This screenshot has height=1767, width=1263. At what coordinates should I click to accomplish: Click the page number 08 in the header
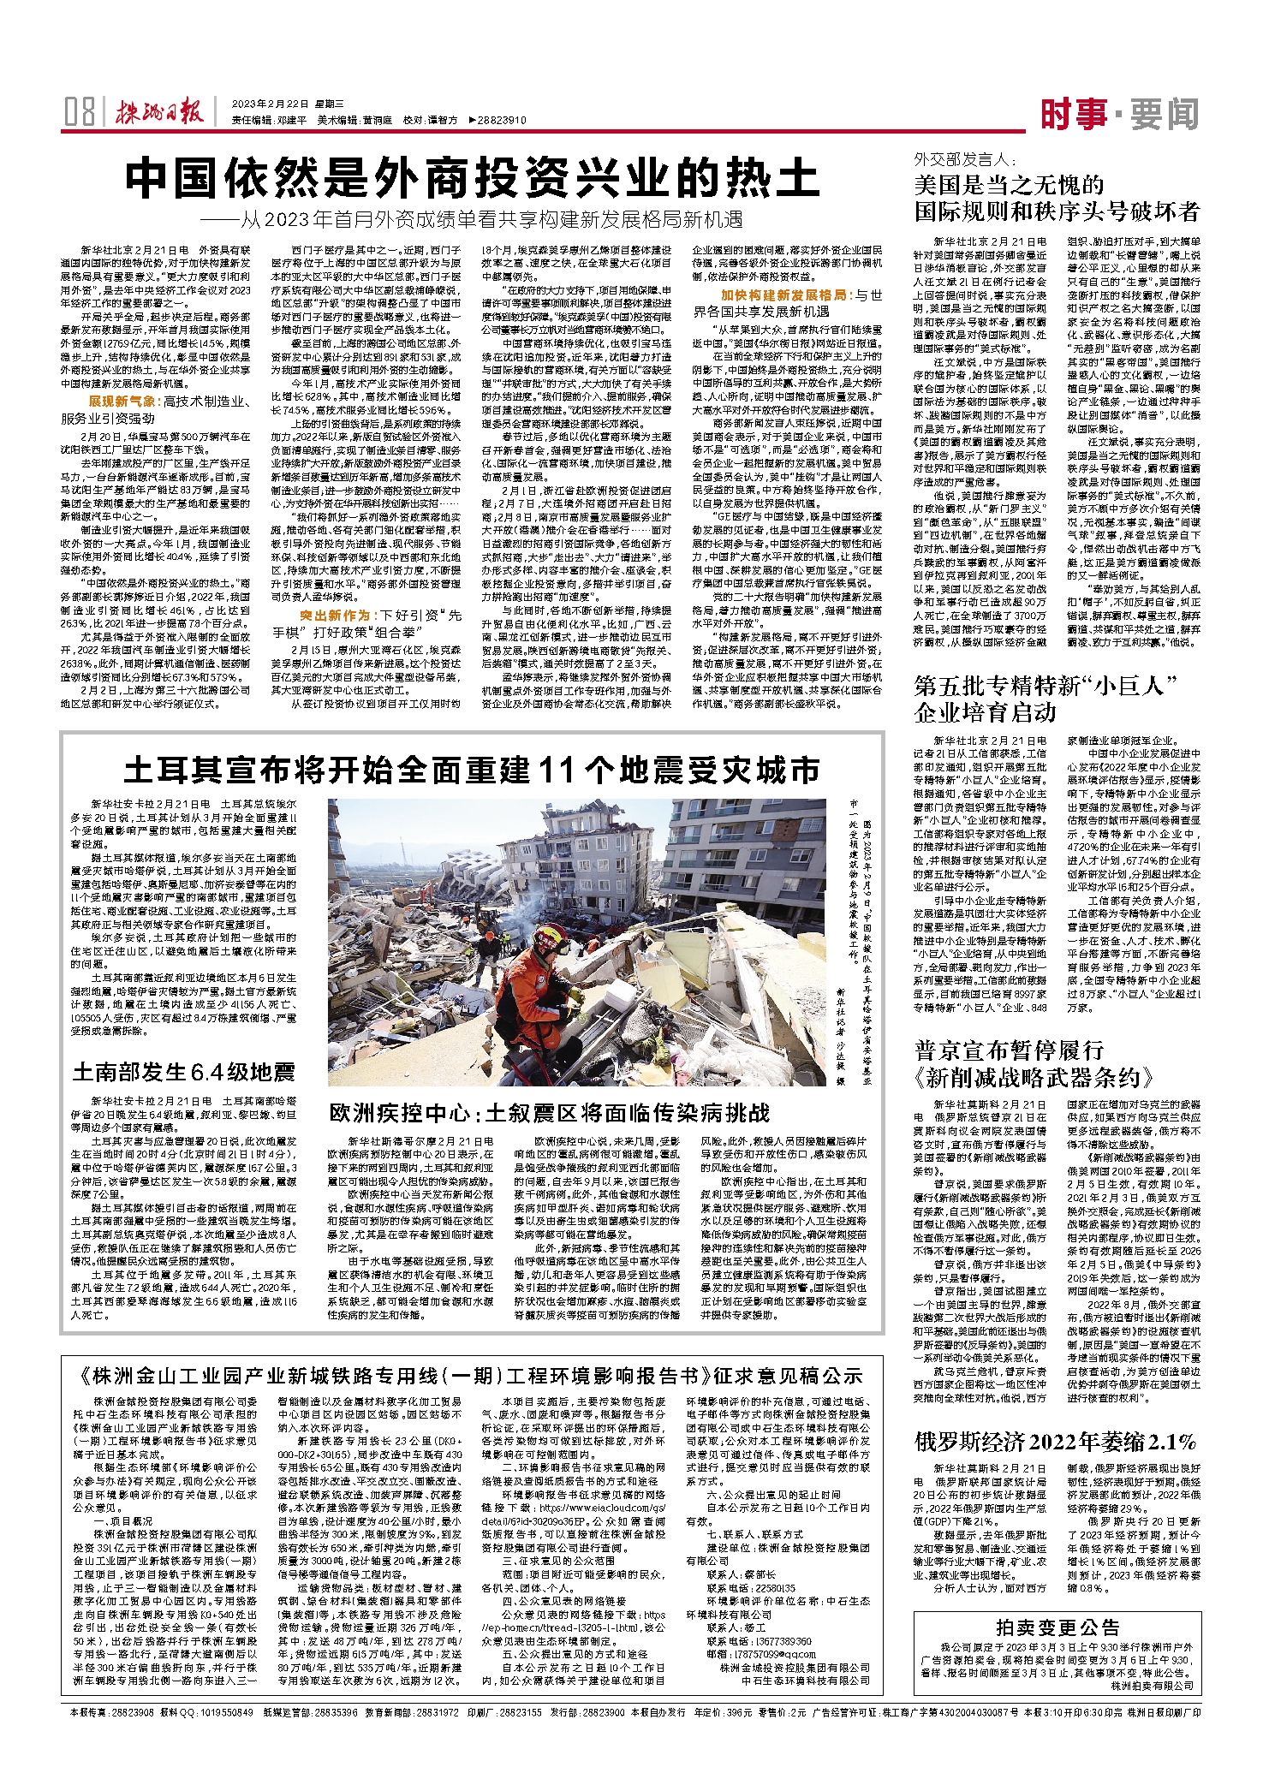click(x=80, y=112)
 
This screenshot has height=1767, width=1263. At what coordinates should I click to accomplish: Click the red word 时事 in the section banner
click(x=1074, y=114)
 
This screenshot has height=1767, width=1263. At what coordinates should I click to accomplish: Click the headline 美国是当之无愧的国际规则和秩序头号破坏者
click(x=1057, y=198)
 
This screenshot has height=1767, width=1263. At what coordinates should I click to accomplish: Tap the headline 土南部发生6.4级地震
click(x=184, y=1071)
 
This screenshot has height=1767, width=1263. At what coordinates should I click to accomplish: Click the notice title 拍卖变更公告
click(x=1057, y=1627)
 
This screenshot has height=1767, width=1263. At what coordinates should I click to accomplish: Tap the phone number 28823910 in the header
click(x=502, y=121)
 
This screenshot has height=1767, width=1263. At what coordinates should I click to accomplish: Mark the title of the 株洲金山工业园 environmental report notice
click(x=472, y=1377)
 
